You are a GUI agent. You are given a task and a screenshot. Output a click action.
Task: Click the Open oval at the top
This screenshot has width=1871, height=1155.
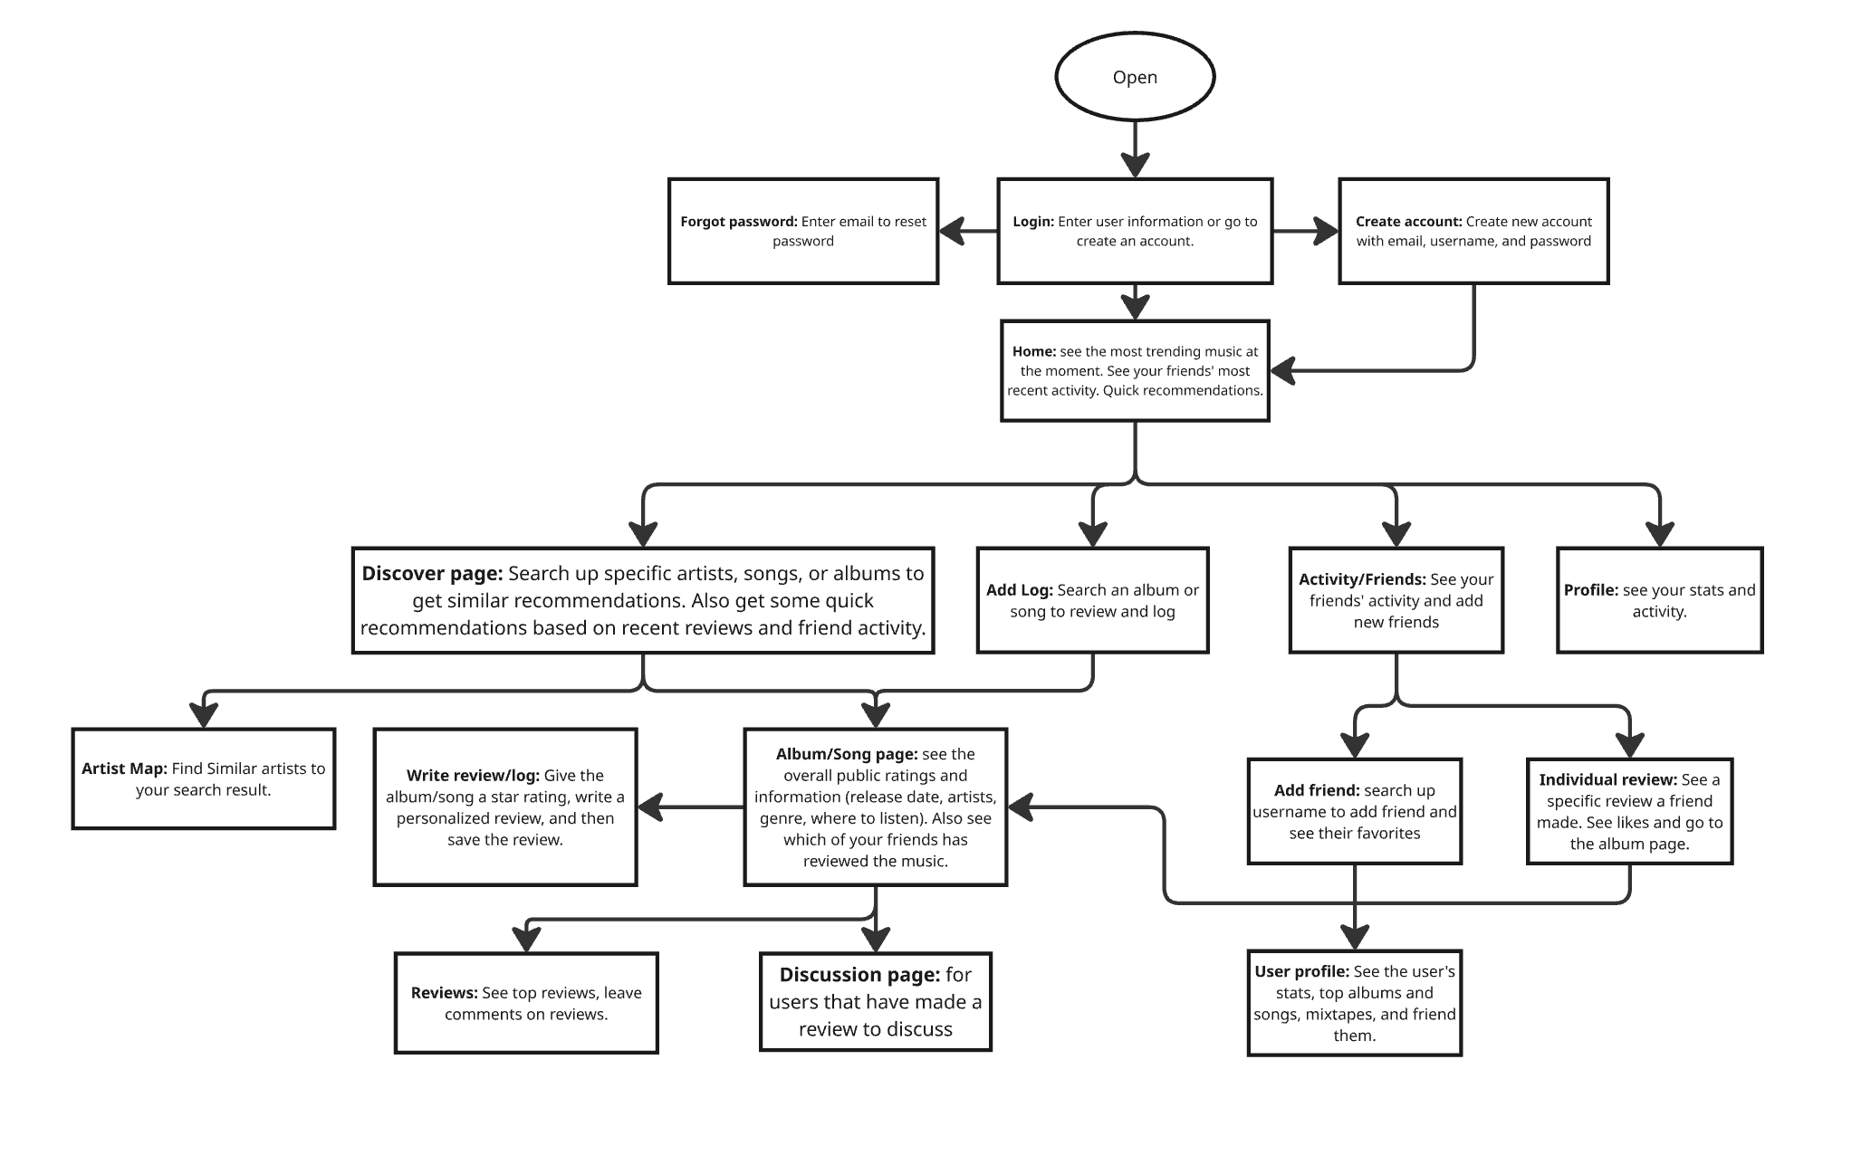[x=1134, y=77]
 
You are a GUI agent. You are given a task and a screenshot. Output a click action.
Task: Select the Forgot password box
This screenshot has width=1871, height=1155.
[x=802, y=231]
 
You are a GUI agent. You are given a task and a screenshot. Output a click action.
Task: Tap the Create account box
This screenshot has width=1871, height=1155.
[x=1473, y=231]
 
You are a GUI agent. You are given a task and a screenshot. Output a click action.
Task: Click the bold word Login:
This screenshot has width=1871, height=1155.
[x=1032, y=222]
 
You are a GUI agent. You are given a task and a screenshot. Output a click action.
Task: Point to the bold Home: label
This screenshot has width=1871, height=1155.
[x=1033, y=351]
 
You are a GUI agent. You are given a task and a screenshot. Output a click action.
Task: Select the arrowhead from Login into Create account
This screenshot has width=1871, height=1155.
[x=1327, y=232]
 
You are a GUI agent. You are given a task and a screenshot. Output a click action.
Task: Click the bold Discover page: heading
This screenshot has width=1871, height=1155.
[x=432, y=573]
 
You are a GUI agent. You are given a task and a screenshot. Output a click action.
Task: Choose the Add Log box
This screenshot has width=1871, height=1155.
[x=1092, y=600]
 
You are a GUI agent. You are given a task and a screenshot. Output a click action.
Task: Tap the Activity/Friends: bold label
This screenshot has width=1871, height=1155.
[x=1362, y=579]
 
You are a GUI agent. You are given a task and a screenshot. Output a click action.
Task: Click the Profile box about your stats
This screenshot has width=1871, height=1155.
[x=1659, y=600]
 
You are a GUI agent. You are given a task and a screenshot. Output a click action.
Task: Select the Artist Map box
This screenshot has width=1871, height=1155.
[x=203, y=778]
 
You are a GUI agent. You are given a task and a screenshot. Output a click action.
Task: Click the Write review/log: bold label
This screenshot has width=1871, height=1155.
[x=473, y=775]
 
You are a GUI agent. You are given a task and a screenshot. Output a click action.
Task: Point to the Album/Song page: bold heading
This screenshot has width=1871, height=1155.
[x=847, y=754]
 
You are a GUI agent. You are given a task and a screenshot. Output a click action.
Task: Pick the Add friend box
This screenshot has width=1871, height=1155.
[x=1354, y=811]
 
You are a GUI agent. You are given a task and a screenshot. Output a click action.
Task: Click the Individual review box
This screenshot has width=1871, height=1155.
[x=1628, y=811]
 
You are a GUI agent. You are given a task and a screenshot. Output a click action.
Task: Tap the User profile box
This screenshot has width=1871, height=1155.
[x=1354, y=1003]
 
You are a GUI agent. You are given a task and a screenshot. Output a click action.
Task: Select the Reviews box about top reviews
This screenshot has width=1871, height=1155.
[x=525, y=1003]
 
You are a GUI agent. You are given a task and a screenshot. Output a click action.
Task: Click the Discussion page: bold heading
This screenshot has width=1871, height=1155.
[x=859, y=975]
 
